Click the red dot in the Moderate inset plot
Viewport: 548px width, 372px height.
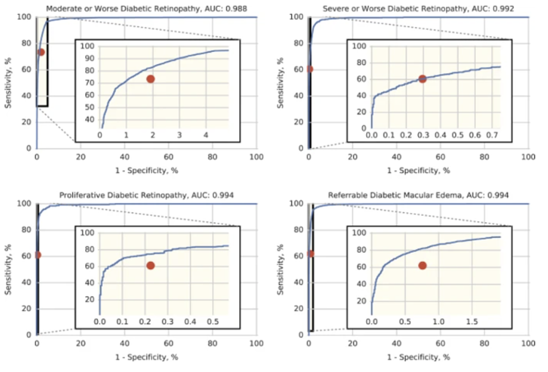(151, 79)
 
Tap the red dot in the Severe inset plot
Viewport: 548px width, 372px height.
(423, 79)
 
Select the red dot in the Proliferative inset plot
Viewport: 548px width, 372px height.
(151, 265)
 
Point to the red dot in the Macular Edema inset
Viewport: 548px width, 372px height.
(423, 265)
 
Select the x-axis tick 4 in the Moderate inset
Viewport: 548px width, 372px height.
(206, 135)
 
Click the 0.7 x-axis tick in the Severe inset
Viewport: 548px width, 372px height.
(492, 135)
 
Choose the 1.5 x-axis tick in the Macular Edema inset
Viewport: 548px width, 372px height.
(472, 322)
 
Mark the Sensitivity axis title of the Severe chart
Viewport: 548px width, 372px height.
(281, 83)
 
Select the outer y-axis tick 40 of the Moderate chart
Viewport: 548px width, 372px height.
(27, 96)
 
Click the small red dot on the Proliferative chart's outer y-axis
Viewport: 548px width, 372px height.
(37, 255)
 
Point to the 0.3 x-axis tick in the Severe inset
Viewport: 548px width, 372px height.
(423, 135)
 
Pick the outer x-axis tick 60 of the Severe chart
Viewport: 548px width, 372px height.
(441, 157)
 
